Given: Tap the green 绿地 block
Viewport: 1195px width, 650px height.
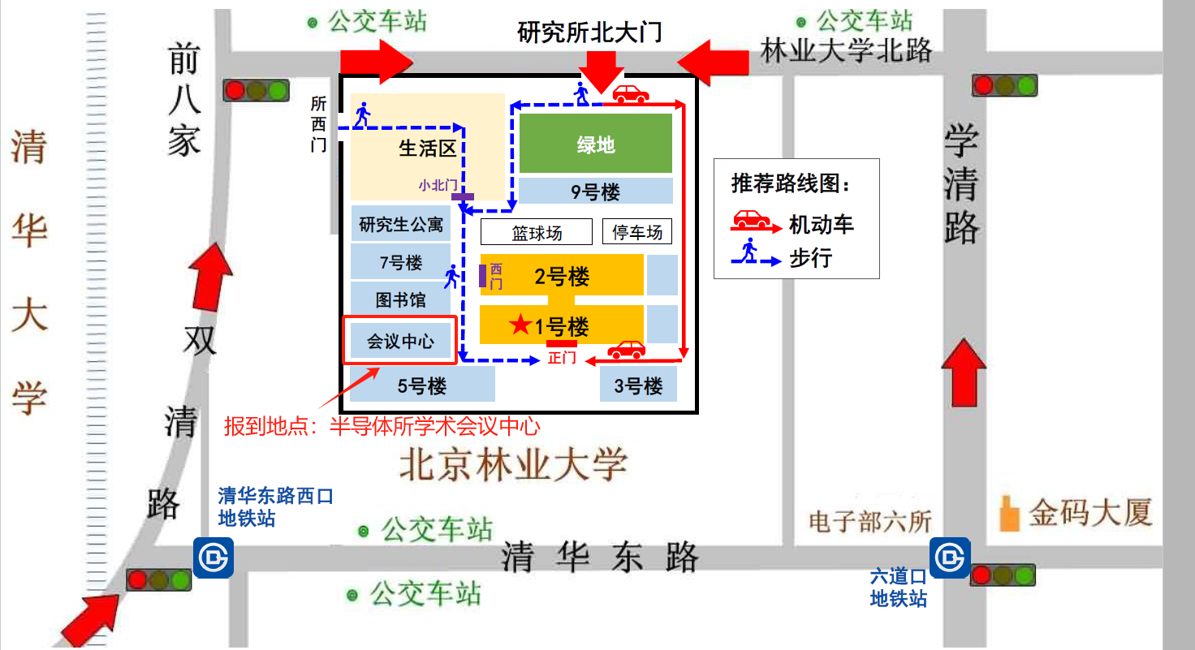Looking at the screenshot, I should [x=596, y=144].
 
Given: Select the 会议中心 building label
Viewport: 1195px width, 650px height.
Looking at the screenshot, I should [x=400, y=341].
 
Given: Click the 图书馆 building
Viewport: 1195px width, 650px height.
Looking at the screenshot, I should [x=400, y=300].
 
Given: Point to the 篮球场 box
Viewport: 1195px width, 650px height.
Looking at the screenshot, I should [x=537, y=233].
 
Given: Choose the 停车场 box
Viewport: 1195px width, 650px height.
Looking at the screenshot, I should [x=637, y=233].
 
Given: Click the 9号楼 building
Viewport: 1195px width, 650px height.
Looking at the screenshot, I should [x=596, y=192].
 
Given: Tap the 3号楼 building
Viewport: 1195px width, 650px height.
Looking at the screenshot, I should [x=638, y=385].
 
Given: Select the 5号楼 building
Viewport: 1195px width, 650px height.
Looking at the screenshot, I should [x=422, y=385].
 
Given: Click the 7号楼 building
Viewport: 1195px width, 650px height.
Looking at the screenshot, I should [x=400, y=262].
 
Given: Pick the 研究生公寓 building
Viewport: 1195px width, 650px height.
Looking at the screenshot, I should [x=400, y=224].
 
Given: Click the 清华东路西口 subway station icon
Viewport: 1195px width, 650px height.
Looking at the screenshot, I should [x=214, y=557].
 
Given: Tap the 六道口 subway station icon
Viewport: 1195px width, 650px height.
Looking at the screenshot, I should [x=949, y=557].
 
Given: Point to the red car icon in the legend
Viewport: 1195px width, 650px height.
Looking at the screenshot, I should [x=752, y=220].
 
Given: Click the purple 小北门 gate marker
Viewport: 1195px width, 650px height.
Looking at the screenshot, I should [x=463, y=196].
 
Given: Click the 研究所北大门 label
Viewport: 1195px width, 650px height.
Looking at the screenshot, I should [x=590, y=32].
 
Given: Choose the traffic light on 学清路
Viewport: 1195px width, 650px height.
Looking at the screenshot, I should [x=1005, y=85].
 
